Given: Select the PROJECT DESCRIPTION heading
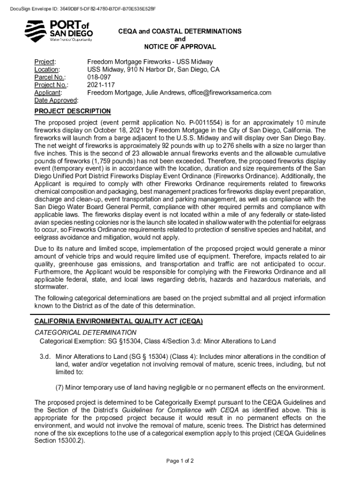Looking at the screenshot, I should click(x=72, y=111).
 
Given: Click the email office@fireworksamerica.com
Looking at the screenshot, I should click(x=230, y=93).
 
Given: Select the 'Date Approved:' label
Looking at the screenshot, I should click(x=56, y=101).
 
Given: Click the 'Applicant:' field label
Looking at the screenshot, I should click(x=49, y=93).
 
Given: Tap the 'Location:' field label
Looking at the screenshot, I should click(x=48, y=70).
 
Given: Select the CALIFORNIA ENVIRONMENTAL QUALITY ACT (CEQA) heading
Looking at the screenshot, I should click(x=118, y=322).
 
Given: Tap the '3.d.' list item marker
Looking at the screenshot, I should click(x=45, y=356).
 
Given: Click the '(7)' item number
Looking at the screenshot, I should click(x=59, y=387).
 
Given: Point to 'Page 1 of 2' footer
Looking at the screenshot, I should click(x=180, y=461).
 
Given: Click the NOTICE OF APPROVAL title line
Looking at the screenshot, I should click(x=180, y=47).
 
